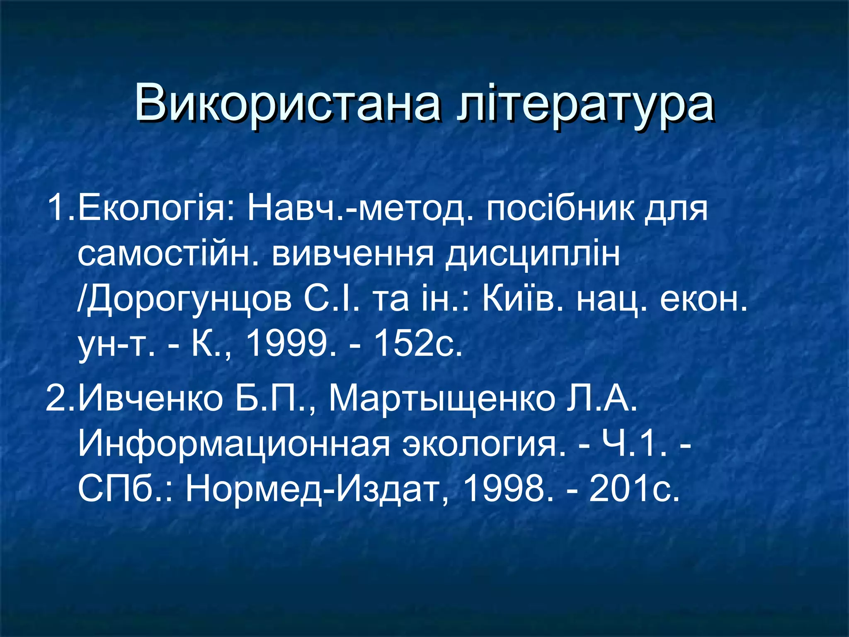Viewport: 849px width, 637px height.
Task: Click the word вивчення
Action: click(352, 254)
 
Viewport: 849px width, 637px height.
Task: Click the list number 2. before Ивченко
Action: click(61, 399)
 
